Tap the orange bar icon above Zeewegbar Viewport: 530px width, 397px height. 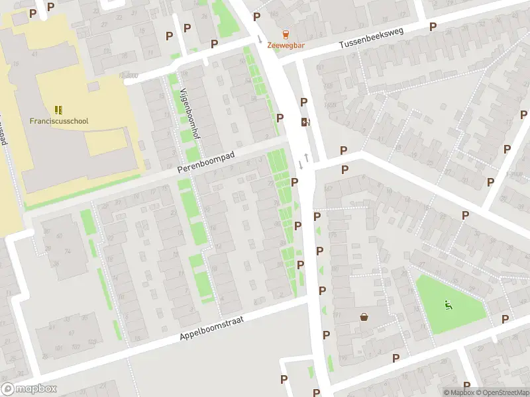tap(286, 34)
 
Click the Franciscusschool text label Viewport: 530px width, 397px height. tap(59, 121)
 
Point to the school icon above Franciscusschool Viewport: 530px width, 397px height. tap(59, 109)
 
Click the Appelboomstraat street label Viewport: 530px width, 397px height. tap(211, 328)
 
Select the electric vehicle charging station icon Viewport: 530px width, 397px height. tap(305, 122)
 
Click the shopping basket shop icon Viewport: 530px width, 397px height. tap(364, 316)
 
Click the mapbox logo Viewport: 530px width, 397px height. tap(29, 389)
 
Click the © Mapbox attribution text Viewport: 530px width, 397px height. tap(458, 392)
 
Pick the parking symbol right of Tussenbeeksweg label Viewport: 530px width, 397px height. tap(433, 26)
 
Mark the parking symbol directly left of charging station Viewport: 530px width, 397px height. tap(280, 118)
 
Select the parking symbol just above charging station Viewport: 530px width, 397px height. tap(304, 102)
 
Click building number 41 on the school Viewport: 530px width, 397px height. tap(34, 54)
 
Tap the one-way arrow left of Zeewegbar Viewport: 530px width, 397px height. tap(260, 40)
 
